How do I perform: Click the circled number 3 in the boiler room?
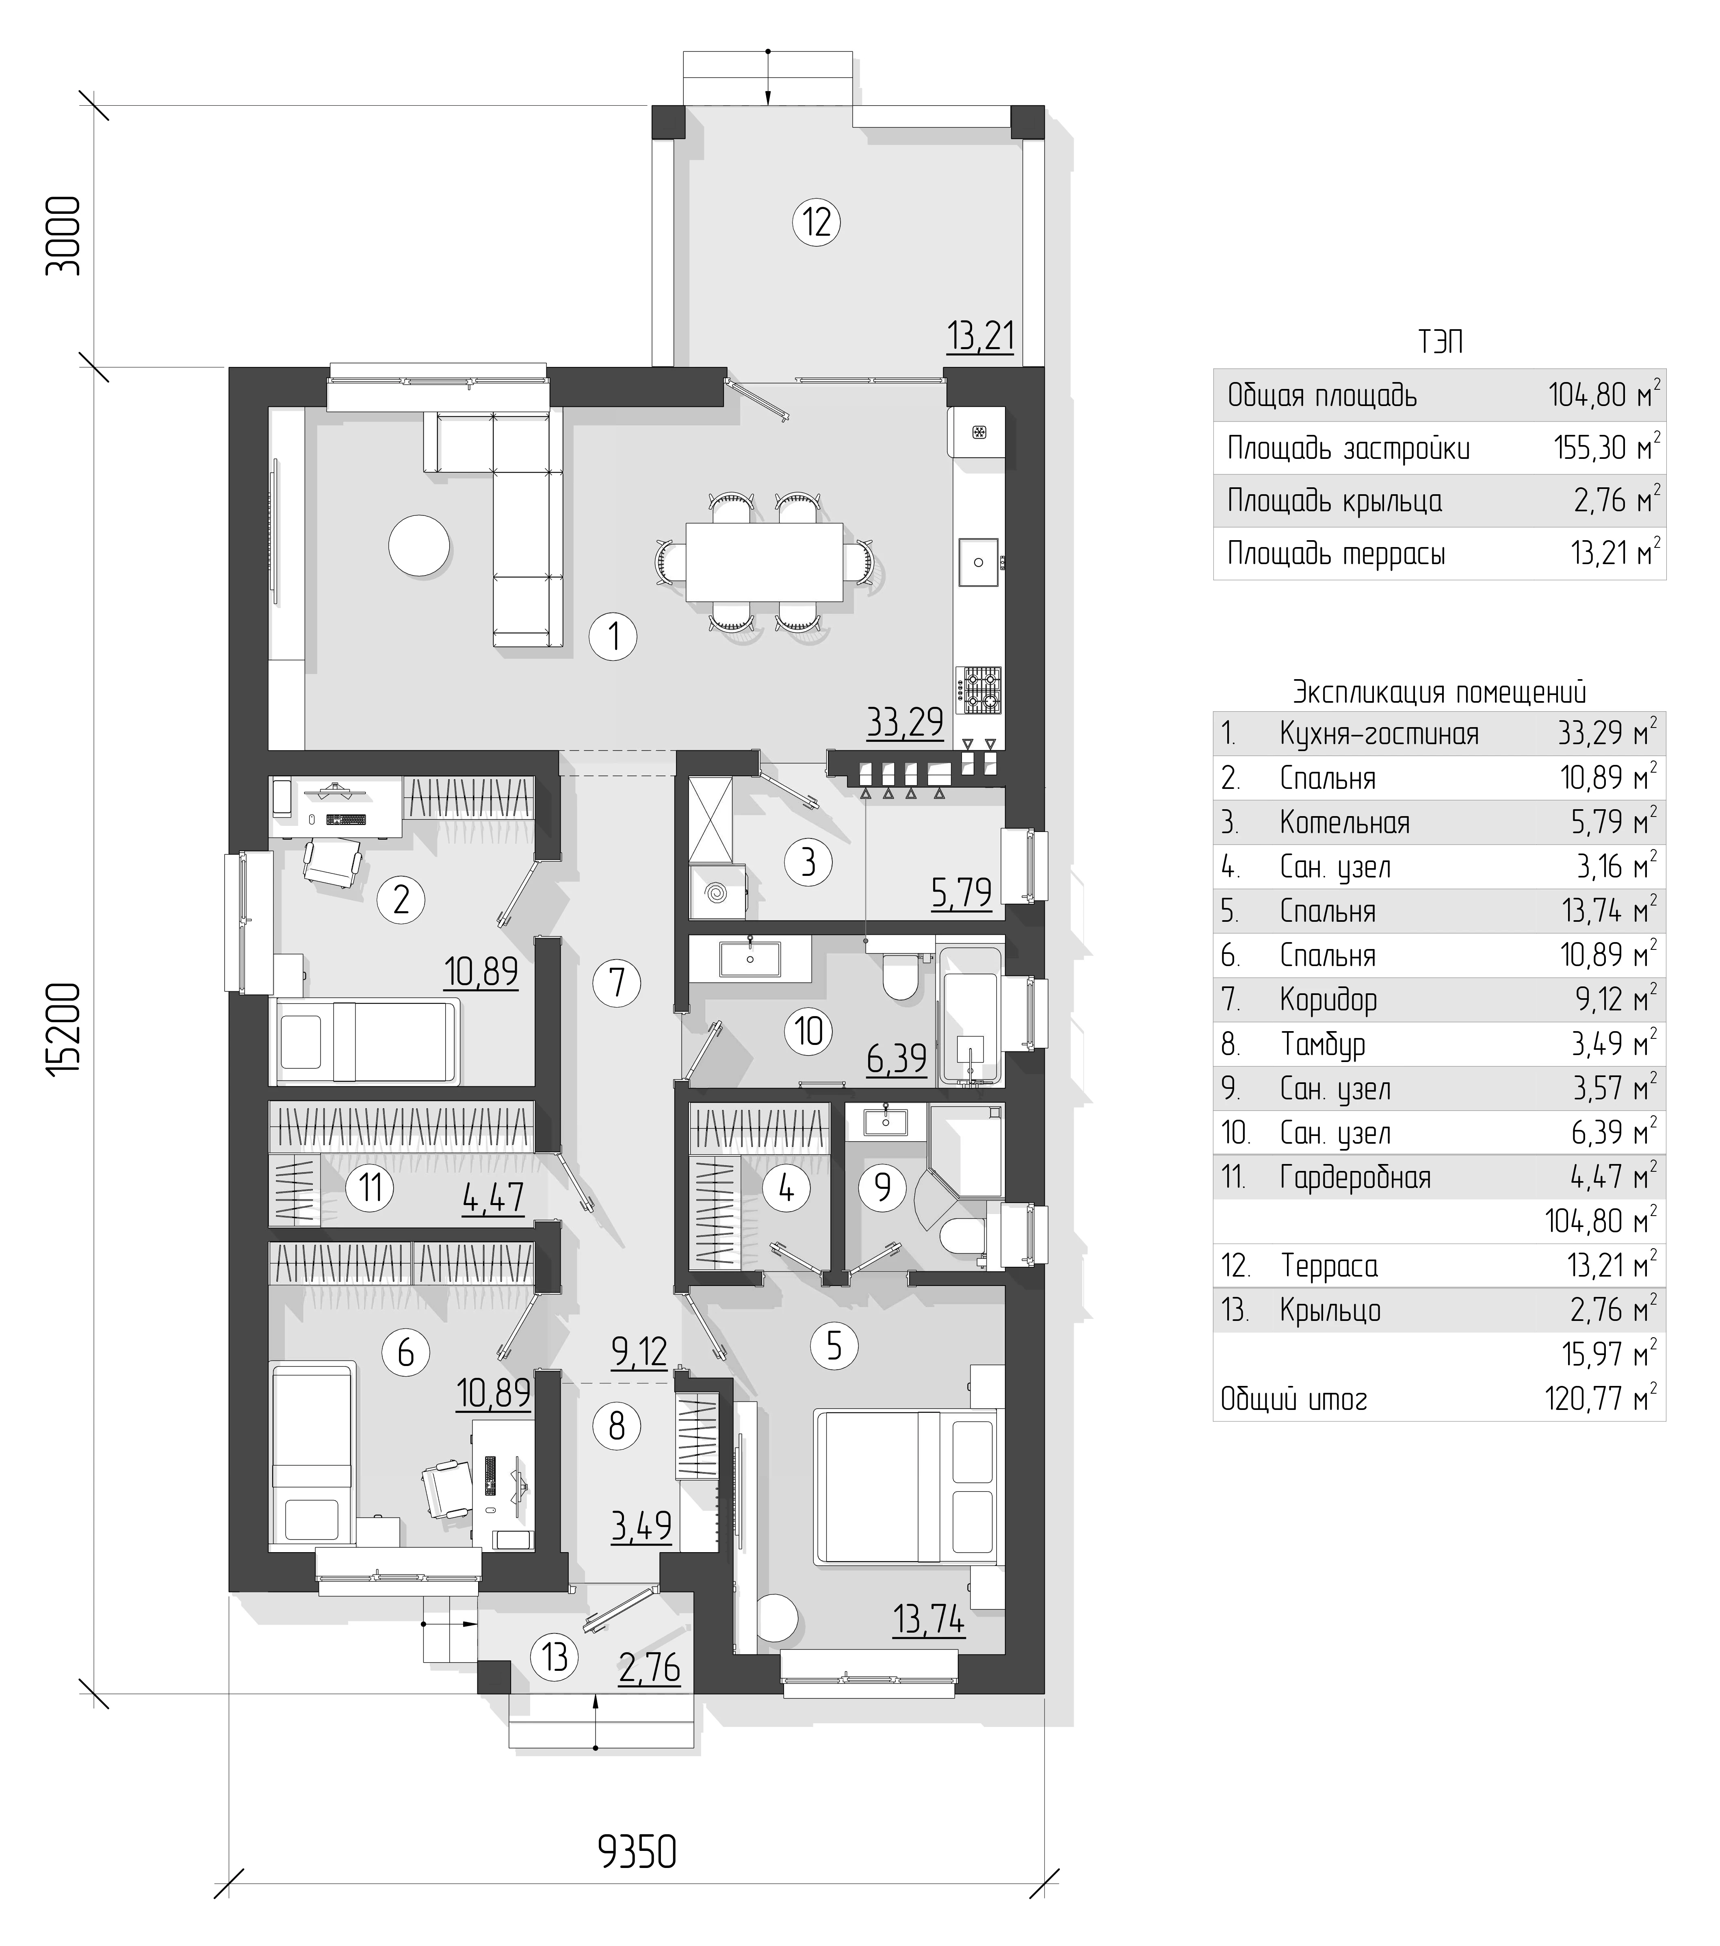coord(808,862)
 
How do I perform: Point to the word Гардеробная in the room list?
coord(1354,1178)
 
